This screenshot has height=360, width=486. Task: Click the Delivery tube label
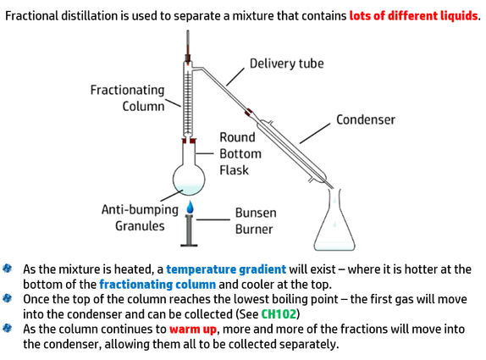click(287, 64)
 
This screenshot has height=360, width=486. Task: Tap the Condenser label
click(366, 119)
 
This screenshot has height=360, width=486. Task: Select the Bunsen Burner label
click(256, 221)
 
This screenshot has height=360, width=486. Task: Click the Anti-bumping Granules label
click(140, 218)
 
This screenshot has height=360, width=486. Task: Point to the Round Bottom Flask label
click(240, 154)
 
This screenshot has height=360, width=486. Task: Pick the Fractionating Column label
click(127, 98)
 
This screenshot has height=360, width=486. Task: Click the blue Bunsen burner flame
click(190, 208)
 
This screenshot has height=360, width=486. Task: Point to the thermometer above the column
click(188, 47)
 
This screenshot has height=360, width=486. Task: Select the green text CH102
click(279, 314)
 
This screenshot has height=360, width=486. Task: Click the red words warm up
click(193, 329)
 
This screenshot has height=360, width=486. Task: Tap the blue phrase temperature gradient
click(226, 269)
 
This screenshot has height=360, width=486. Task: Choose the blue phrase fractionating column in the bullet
click(157, 285)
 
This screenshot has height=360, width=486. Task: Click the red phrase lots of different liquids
click(414, 15)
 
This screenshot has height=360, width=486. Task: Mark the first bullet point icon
click(7, 269)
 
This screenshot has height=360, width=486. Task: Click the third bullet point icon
click(7, 328)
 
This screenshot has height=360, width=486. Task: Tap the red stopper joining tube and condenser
click(248, 112)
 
